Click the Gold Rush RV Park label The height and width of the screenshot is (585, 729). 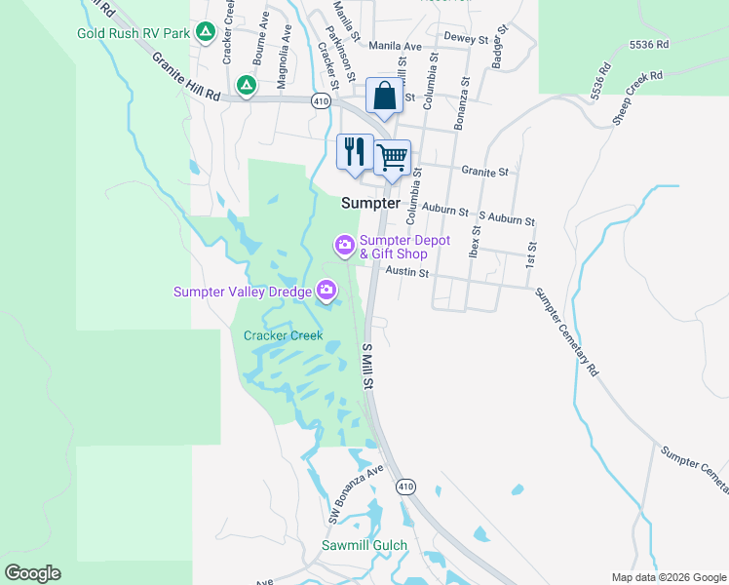point(133,33)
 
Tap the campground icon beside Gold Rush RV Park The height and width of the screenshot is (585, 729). point(205,33)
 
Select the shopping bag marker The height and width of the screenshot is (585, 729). point(384,97)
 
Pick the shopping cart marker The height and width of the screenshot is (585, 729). point(392,157)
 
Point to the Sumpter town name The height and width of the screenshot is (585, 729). point(370,203)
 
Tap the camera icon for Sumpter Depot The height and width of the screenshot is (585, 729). point(344,244)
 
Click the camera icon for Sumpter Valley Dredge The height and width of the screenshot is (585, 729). point(326,290)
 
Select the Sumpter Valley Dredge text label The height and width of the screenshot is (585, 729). point(242,291)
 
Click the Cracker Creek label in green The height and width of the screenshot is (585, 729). point(283,335)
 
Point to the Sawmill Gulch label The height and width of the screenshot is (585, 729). point(364,545)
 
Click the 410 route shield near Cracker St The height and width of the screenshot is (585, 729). point(321,100)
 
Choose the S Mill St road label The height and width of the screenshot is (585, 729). point(368,366)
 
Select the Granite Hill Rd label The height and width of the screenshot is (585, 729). point(185,75)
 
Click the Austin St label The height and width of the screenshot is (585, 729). point(407,273)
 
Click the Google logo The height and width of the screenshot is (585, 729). point(32,573)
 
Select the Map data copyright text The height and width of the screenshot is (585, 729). point(668,577)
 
